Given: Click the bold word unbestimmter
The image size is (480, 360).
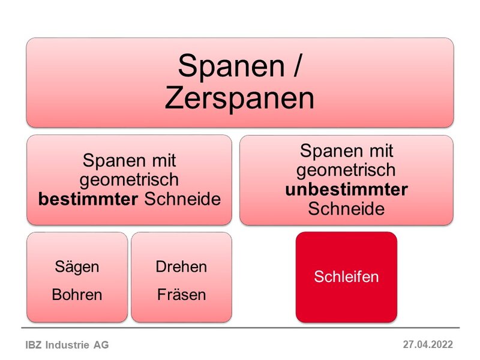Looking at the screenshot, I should tap(346, 190).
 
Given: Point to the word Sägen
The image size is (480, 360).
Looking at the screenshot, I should tap(77, 266).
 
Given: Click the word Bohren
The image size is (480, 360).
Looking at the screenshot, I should tap(77, 295).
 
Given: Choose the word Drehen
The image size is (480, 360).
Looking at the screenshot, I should tap(181, 266).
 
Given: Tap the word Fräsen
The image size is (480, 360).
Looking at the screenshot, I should tap(181, 295).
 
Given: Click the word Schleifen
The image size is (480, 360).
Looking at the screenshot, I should tap(346, 277).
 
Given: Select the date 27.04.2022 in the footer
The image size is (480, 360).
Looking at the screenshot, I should tap(428, 344).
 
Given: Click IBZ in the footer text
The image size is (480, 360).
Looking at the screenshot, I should tap(34, 345).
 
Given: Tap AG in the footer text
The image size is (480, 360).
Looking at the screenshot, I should tap(103, 345).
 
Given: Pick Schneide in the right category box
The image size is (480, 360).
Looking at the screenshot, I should tap(346, 208).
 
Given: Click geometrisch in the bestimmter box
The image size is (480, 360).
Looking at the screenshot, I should tap(130, 180).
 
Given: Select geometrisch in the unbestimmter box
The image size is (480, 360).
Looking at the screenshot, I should tap(346, 170).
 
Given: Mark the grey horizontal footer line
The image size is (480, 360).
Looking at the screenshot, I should tap(240, 328).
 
